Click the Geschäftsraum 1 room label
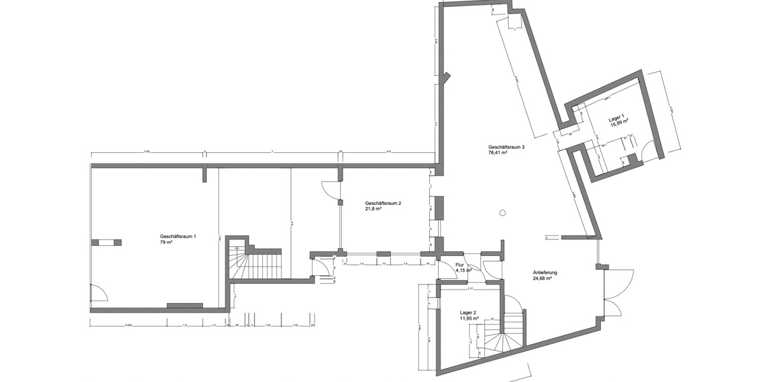tap(178, 236)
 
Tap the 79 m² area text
tap(167, 243)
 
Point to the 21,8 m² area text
tap(373, 209)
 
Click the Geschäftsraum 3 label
tap(506, 146)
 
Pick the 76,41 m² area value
tap(497, 153)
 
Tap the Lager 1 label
tap(617, 118)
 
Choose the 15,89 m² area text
tap(619, 125)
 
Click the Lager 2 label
tap(470, 313)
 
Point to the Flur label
tap(460, 264)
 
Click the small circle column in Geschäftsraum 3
tap(502, 213)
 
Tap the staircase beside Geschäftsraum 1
tap(255, 262)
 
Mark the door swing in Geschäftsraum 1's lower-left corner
tap(98, 294)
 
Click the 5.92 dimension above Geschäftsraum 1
tap(146, 152)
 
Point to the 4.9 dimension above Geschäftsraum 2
tap(388, 152)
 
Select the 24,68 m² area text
tap(542, 278)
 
